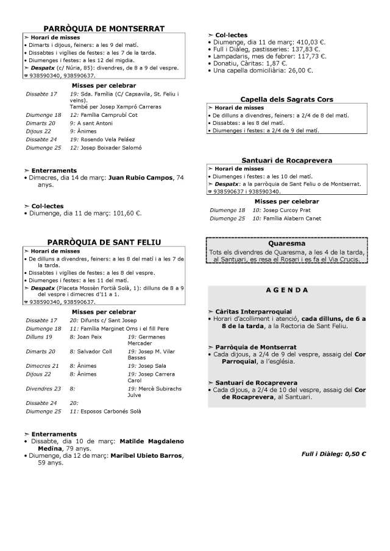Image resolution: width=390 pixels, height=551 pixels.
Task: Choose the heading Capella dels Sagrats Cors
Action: tap(286, 99)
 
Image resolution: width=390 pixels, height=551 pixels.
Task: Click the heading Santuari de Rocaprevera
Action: tap(286, 160)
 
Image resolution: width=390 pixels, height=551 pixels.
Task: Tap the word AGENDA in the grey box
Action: tap(286, 290)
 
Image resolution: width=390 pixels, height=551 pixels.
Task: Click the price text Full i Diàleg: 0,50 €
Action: tap(333, 454)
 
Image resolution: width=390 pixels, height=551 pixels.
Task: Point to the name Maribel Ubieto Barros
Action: tap(146, 455)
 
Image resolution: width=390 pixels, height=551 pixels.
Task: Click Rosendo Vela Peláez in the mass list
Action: tap(105, 139)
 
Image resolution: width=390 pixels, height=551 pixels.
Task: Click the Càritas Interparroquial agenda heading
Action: tap(253, 311)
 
